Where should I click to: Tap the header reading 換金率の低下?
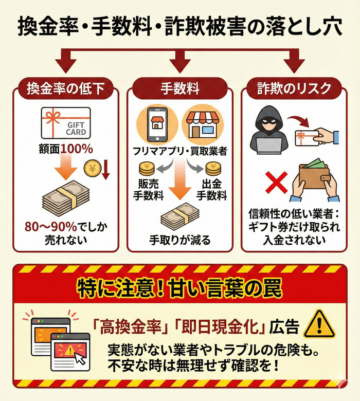click(65, 88)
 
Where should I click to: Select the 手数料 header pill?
click(179, 88)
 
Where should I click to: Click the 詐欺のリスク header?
click(295, 88)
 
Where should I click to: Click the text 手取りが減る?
click(179, 240)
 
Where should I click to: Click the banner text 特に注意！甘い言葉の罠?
click(179, 288)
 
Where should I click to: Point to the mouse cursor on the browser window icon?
click(80, 360)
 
